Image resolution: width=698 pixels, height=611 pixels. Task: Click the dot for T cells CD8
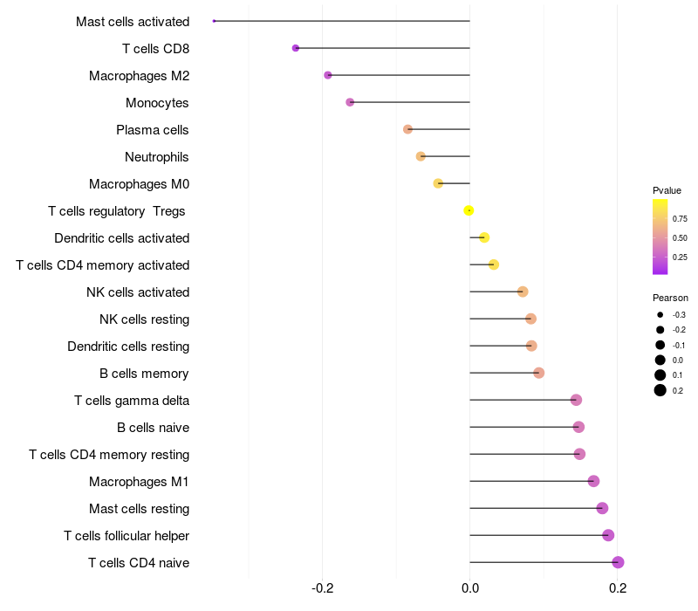pos(296,48)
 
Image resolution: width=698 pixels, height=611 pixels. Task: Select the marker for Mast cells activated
pos(214,21)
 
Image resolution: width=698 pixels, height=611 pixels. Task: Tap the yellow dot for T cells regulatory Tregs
pos(469,210)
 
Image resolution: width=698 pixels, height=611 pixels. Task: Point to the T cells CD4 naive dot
pos(618,562)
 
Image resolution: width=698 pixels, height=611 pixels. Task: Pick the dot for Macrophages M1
pos(593,481)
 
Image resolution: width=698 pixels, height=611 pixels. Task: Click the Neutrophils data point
pos(421,156)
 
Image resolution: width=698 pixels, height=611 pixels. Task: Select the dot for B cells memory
pos(538,373)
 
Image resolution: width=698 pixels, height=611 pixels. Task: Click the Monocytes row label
pos(157,103)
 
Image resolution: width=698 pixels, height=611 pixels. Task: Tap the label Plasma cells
pos(153,130)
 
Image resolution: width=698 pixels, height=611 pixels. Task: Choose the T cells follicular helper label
pos(127,535)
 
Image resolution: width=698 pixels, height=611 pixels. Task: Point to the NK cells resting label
pos(144,319)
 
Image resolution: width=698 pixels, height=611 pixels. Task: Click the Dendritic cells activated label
pos(121,237)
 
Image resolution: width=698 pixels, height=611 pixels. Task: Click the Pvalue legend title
pos(667,190)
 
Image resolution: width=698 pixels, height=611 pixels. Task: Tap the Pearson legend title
pos(670,298)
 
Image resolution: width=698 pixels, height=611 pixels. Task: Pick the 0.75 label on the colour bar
pos(680,218)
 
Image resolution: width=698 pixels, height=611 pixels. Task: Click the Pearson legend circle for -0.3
pos(660,314)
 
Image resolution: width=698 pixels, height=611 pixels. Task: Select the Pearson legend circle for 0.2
pos(660,390)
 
